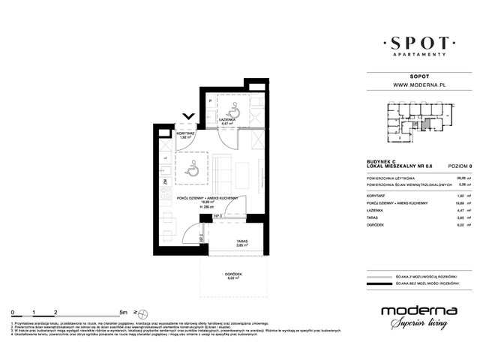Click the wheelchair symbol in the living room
click(192, 169)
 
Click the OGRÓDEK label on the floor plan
click(232, 275)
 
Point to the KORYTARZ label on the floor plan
click(187, 132)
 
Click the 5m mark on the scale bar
click(121, 310)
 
